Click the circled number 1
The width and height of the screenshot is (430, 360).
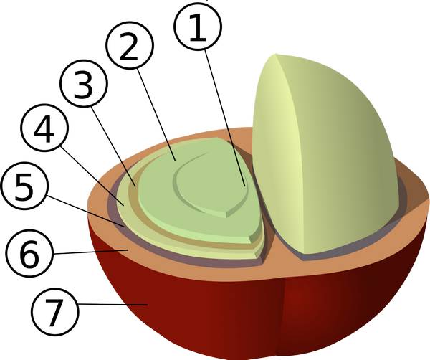tap(198, 27)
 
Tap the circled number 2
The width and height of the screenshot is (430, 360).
tap(130, 45)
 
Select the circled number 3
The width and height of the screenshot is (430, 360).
tap(84, 83)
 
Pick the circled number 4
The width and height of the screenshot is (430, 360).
tap(44, 128)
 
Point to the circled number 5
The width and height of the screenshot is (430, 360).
tap(24, 186)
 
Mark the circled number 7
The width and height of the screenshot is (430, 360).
tap(55, 312)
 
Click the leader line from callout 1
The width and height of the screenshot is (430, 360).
tap(224, 118)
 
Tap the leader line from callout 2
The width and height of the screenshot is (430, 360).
tap(156, 114)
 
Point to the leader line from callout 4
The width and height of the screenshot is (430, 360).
tap(92, 176)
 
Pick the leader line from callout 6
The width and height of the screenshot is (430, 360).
tap(91, 252)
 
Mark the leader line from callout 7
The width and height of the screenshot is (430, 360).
tap(113, 304)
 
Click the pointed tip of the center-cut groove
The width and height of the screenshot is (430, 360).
tap(226, 215)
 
